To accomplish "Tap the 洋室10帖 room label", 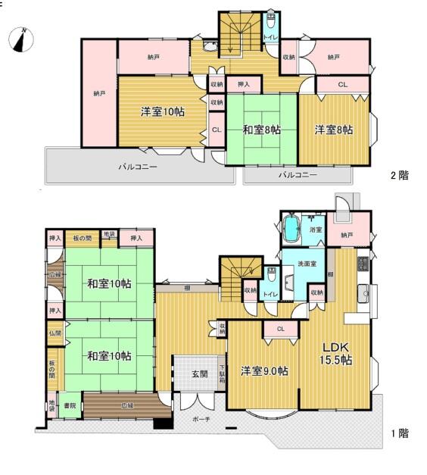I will coord(161,112).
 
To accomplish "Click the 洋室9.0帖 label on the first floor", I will coord(264,371).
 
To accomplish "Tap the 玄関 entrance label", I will coord(198,373).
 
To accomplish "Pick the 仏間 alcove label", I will coord(55,333).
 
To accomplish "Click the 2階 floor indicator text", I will coord(399,176).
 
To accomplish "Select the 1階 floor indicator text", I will coord(399,434).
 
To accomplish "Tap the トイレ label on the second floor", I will coord(269,38).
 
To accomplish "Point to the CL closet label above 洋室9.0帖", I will coord(280,329).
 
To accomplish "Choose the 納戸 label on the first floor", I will coord(347,236).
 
